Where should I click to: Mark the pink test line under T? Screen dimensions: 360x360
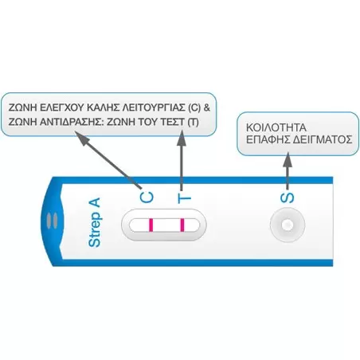[183, 227]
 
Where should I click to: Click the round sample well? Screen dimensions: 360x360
[288, 227]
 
